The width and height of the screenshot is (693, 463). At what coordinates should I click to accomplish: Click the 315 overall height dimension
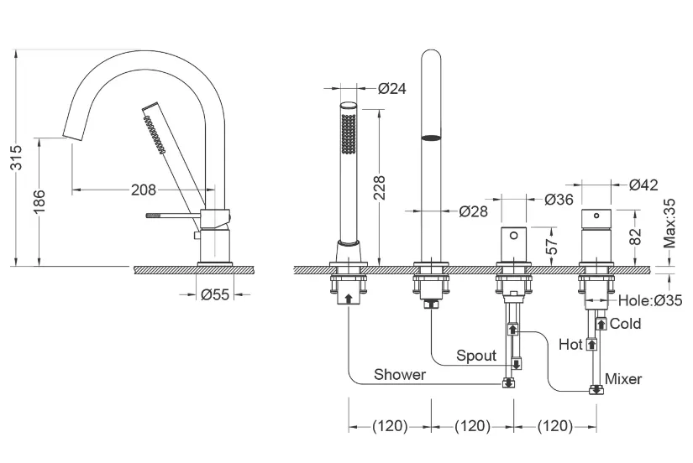coord(16,157)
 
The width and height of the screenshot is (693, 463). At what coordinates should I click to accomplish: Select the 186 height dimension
coord(39,201)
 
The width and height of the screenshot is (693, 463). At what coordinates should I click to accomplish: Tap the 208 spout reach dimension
coord(144,190)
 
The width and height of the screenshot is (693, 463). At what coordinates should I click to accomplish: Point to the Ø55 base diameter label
coord(215,294)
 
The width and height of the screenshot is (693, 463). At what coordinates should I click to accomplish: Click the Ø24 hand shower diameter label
coord(391,88)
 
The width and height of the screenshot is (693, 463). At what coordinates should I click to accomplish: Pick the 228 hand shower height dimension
coord(380,188)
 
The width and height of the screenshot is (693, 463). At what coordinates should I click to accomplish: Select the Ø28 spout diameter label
coord(474,211)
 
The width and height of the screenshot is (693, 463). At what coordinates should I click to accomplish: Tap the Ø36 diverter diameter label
coord(559,200)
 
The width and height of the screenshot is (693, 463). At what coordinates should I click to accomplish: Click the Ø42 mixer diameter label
coord(643,185)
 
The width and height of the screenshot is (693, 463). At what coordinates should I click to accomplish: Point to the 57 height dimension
coord(552,246)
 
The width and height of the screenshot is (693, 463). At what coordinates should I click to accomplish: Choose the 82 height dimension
coord(635,237)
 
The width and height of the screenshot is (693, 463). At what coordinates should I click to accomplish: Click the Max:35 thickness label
coord(669,223)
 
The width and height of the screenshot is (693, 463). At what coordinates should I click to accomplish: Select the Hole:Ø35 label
coord(650,300)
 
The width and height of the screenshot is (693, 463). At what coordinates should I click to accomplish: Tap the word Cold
coord(625,324)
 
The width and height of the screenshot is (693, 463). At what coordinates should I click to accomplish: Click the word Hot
coord(570,344)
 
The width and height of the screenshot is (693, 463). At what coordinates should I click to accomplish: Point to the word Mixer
coord(623,378)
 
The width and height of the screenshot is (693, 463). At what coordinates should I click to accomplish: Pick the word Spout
coord(476,356)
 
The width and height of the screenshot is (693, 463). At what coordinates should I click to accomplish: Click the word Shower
coord(400,374)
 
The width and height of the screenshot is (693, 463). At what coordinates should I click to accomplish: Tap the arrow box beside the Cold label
coord(601,324)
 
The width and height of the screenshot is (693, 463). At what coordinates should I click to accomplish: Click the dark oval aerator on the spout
coord(432,138)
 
